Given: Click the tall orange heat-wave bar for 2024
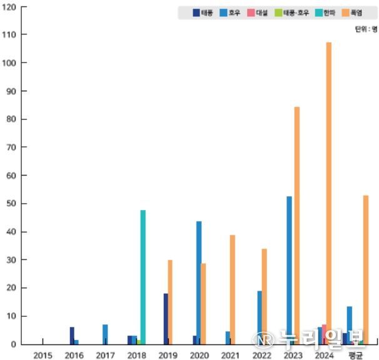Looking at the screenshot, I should [329, 193].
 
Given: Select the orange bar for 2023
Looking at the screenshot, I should [297, 225].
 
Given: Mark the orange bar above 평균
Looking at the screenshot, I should [366, 269].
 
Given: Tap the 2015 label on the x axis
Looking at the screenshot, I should [43, 354].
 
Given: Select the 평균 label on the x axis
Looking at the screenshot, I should [356, 354].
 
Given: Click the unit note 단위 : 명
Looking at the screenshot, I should [365, 29].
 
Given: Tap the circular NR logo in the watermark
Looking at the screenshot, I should [263, 340].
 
